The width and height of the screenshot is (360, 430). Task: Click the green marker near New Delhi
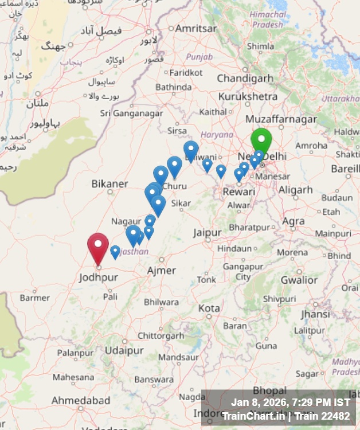tap(261, 139)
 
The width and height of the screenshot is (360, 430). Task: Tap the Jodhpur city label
tap(98, 277)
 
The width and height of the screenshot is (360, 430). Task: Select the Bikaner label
tap(109, 184)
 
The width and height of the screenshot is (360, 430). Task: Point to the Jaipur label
tap(207, 233)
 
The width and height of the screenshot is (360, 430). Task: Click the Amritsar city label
tap(196, 28)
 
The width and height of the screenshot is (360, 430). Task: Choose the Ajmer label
tap(162, 270)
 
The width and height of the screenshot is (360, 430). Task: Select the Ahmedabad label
tap(81, 400)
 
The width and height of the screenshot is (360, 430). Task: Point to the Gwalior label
tap(299, 280)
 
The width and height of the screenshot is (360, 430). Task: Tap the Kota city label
tap(209, 308)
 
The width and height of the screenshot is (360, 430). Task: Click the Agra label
tap(294, 221)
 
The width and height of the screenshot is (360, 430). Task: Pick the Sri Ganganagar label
tap(131, 114)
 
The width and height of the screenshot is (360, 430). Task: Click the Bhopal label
tap(269, 391)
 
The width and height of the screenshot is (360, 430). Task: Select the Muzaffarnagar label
tap(281, 119)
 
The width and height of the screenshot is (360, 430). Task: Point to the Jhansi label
tap(315, 314)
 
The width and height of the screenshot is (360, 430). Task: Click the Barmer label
tap(35, 298)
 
